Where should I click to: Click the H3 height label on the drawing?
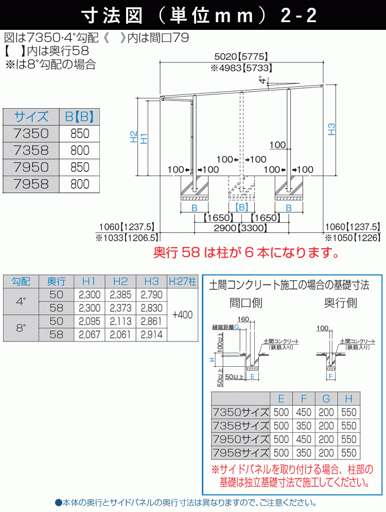pos(331,129)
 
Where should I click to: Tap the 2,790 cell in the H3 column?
pos(151,295)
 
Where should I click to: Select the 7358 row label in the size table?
pos(31,150)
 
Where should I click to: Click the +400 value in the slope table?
pos(182,315)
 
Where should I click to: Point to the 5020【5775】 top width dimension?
pos(241,57)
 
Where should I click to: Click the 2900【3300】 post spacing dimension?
pos(240,228)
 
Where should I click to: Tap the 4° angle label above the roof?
pos(263,80)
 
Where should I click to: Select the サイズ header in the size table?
pos(31,116)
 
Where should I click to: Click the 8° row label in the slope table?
pos(21,328)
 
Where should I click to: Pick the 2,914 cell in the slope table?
pos(151,335)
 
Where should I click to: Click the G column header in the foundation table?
pos(326,398)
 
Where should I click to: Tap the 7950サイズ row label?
pos(241,439)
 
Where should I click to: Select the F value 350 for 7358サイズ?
pos(304,426)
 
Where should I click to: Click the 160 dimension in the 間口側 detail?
pos(243,319)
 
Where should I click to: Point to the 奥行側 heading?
pos(340,303)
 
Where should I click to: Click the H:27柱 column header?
pos(182,281)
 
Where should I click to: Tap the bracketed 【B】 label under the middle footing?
pos(241,207)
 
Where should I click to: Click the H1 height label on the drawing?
pos(144,139)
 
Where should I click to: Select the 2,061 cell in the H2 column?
pos(120,335)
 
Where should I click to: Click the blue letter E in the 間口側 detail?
pos(252,377)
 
